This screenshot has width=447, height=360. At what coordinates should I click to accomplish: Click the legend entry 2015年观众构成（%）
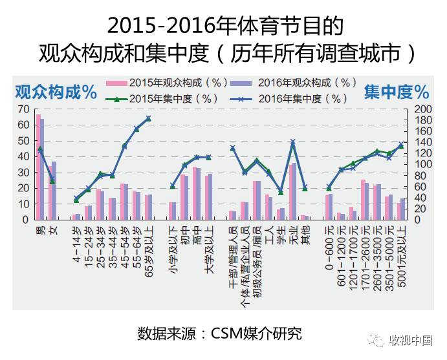point(175,83)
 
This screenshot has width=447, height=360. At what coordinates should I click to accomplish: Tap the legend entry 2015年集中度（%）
point(175,99)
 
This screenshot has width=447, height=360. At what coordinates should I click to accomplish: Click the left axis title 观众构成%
point(56,92)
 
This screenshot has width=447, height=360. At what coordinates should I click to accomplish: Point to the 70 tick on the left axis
point(24,109)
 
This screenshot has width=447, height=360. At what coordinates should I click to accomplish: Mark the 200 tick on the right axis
point(421,109)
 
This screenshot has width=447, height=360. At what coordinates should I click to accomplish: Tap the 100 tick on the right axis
point(421,164)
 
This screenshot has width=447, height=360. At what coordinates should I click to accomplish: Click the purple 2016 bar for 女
point(54,191)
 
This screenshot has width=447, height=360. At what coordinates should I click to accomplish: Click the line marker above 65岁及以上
point(148,118)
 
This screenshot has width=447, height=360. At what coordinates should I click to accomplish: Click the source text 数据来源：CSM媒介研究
point(219,334)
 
